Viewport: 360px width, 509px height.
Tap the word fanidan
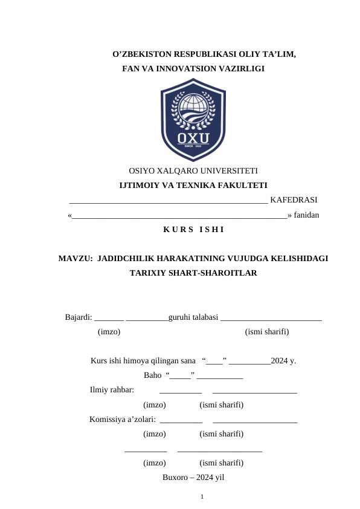[x=307, y=215]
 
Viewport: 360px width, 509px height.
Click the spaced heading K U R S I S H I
[x=193, y=230]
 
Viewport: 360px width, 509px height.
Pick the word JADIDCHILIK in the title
[x=123, y=259]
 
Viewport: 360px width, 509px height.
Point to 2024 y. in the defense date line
[x=283, y=361]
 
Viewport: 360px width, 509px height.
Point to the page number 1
[x=202, y=497]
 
